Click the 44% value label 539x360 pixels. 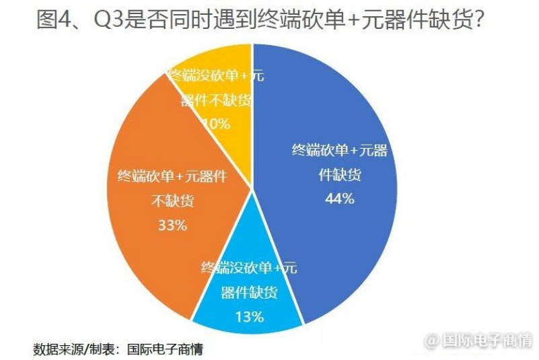pos(340,199)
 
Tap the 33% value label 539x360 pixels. pos(172,225)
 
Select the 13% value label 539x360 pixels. pos(249,316)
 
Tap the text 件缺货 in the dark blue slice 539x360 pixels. pos(340,175)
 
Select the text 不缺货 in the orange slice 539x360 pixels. pos(172,202)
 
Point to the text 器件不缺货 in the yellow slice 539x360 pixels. pos(215,100)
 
